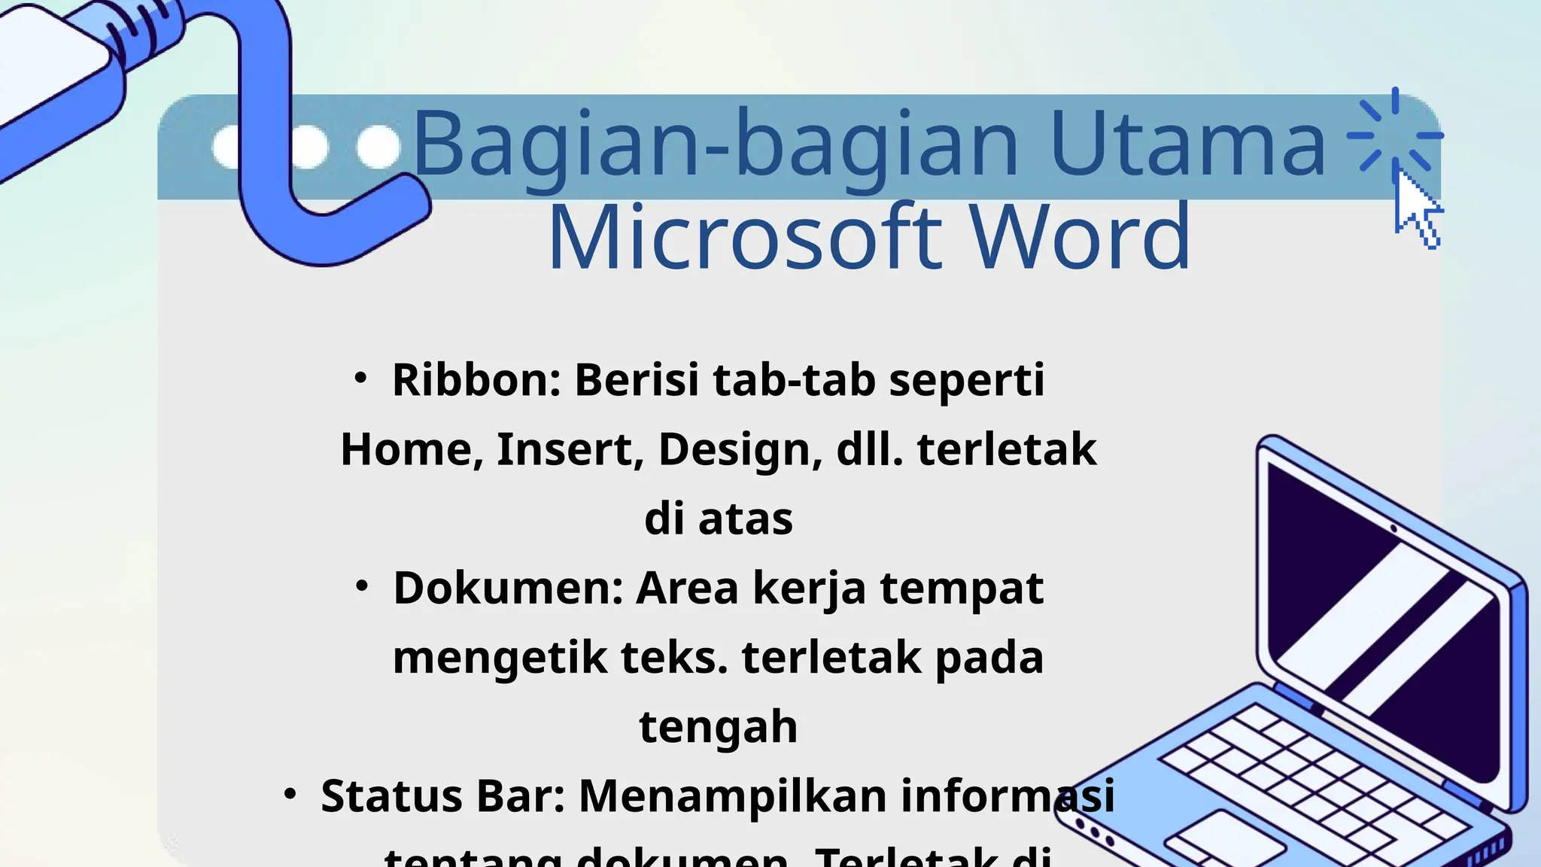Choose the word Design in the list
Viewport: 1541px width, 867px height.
740,449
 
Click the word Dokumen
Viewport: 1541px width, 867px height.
508,588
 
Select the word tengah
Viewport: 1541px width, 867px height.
719,727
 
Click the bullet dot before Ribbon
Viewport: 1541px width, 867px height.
360,378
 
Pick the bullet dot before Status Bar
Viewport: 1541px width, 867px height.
290,794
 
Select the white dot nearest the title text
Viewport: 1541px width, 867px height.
378,147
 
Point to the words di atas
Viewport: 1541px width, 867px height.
719,519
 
